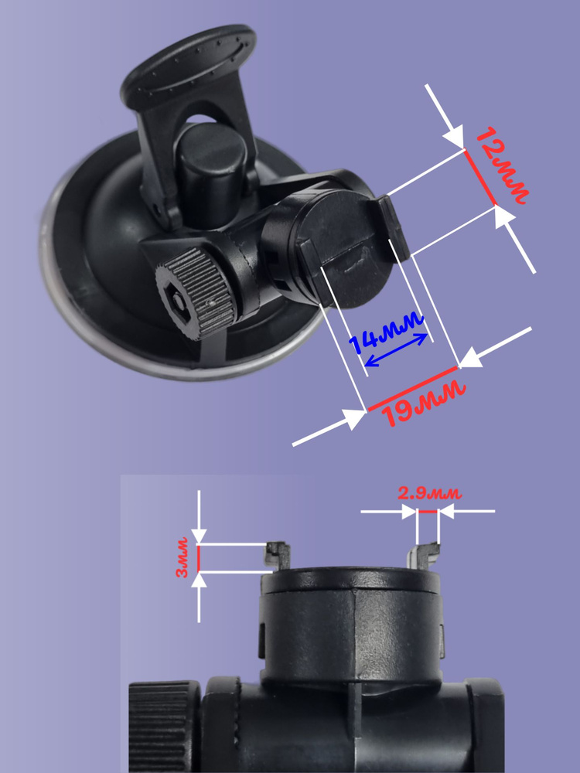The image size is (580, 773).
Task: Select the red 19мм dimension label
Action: coord(424,404)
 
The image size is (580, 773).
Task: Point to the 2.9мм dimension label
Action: coord(429,493)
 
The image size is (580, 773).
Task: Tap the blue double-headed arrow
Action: coord(395,350)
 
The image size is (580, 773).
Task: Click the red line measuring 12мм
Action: coord(480,177)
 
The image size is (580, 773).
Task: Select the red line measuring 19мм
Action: coord(413,388)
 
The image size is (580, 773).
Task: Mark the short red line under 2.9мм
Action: coord(428,512)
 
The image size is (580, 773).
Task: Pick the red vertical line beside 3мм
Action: coord(198,557)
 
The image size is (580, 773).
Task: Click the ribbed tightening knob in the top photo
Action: coord(196,293)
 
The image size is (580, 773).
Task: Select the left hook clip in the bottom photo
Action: coord(277,555)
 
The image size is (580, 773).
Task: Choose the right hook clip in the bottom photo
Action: coord(423,555)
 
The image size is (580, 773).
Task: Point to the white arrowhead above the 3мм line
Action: coord(199,536)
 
